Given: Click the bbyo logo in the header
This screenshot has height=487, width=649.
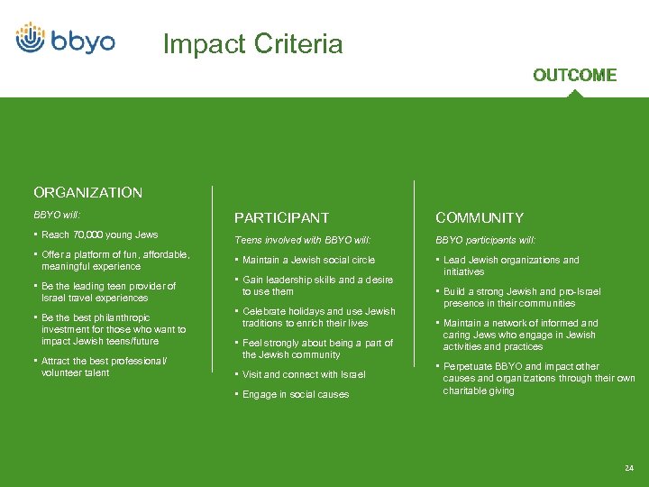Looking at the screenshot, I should (65, 39).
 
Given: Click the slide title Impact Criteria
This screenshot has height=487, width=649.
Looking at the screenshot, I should (252, 44).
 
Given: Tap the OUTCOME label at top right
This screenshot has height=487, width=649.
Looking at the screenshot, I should (574, 75).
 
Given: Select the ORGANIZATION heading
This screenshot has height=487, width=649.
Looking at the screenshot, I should (87, 192).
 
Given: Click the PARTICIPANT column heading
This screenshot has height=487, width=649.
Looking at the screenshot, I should (281, 217).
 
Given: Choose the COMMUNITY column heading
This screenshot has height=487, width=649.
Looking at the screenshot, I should (479, 217).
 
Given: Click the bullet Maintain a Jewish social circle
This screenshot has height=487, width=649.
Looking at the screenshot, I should (308, 260).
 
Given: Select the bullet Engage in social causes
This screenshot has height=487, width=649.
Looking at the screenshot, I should (295, 394).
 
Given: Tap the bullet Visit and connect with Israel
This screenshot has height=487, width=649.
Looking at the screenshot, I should (304, 374).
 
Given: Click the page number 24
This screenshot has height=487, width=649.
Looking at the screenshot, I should (628, 467).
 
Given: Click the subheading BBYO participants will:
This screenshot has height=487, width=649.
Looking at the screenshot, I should (485, 240).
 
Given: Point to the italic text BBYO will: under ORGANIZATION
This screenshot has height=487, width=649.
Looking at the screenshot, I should (57, 216).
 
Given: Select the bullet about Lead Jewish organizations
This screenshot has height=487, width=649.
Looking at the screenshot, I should (511, 265).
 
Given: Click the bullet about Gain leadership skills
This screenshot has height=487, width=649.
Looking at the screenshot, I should (317, 286).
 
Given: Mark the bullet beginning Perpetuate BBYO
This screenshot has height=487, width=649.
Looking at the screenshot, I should (538, 378).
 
